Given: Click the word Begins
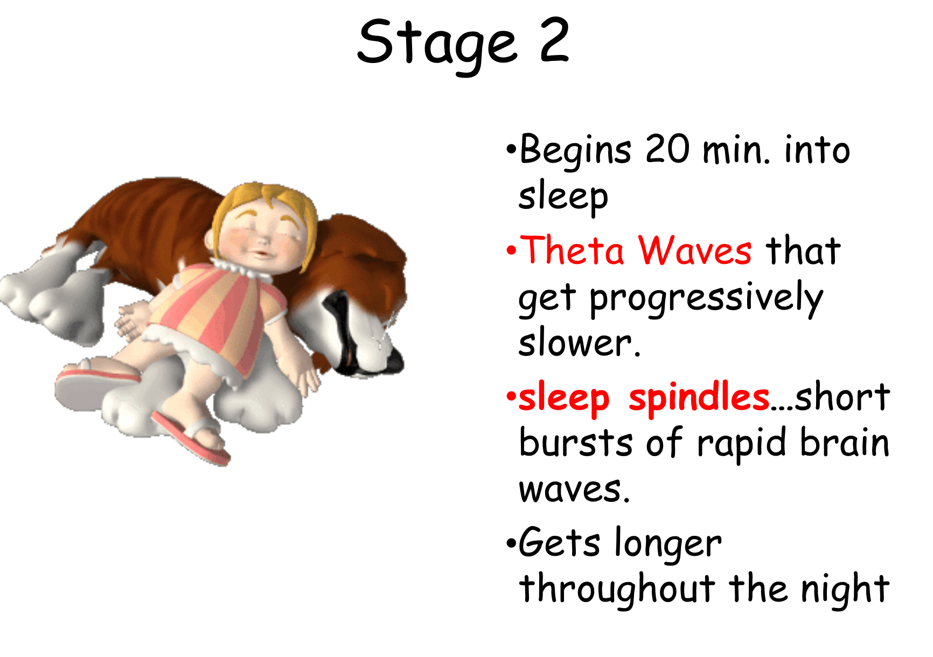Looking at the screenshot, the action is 575,151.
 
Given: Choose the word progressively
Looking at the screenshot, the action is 706,299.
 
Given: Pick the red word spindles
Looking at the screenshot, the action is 699,397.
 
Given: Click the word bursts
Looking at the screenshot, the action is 576,443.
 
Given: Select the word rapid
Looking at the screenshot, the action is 742,445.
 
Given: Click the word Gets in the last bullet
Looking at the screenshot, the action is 560,542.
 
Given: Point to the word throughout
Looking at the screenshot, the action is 617,590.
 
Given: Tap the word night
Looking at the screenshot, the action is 845,590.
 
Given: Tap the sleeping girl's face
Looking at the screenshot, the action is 264,237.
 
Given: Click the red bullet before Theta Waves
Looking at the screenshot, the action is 511,250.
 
